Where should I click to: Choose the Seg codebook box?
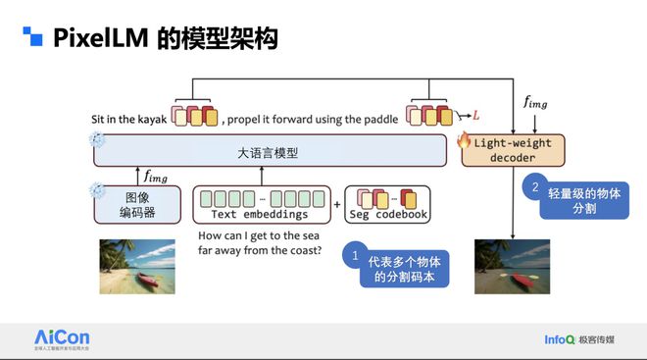coord(389,203)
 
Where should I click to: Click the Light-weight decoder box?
coord(509,150)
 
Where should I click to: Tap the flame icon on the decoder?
coord(465,140)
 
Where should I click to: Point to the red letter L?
coord(476,116)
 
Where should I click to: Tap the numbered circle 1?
coord(354,257)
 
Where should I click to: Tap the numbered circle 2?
coord(535,186)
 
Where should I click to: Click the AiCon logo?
coord(64,339)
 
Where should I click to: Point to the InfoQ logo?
coord(565,340)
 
